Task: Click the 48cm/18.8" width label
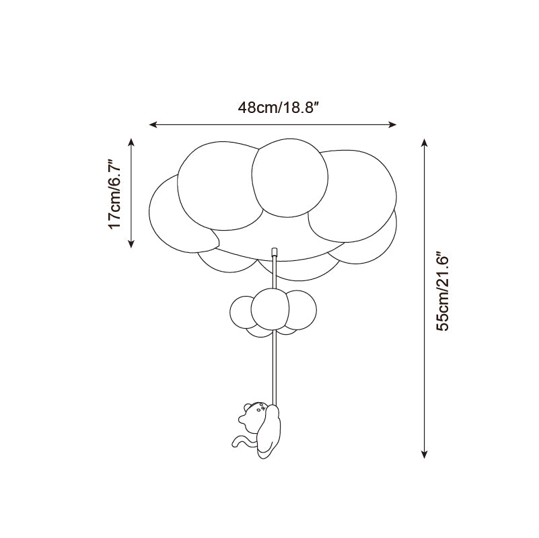pyautogui.click(x=279, y=108)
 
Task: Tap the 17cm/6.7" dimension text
pyautogui.click(x=114, y=194)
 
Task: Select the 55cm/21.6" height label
pyautogui.click(x=443, y=293)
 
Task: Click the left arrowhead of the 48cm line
pyautogui.click(x=153, y=124)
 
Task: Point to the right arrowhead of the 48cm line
pyautogui.click(x=392, y=124)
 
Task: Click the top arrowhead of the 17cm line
pyautogui.click(x=131, y=142)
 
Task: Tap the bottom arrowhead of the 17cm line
pyautogui.click(x=131, y=243)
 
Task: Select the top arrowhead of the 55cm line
pyautogui.click(x=425, y=143)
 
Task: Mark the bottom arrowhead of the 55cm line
pyautogui.click(x=425, y=454)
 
